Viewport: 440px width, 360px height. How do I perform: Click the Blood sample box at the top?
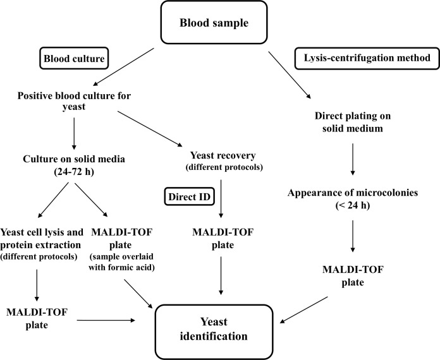[x=214, y=22]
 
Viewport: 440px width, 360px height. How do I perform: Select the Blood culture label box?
[x=74, y=58]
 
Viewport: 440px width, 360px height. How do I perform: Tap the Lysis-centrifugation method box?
[x=367, y=58]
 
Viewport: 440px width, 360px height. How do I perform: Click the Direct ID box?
[x=190, y=196]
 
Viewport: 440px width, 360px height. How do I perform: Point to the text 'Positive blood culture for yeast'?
[x=74, y=101]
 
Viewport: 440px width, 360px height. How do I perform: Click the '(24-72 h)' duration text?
[x=74, y=172]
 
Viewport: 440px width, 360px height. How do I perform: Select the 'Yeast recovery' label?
[x=223, y=155]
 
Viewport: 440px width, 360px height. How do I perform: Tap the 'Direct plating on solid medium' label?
[x=353, y=122]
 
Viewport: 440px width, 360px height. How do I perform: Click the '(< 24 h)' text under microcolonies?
[x=353, y=205]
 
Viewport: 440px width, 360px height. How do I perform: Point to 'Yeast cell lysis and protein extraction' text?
[x=42, y=238]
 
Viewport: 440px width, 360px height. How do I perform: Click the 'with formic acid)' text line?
[x=122, y=268]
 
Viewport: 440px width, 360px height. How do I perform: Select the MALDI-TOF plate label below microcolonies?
[x=353, y=275]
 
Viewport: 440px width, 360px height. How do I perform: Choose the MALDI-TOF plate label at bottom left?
[x=37, y=318]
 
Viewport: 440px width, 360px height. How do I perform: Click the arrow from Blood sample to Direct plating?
[x=290, y=75]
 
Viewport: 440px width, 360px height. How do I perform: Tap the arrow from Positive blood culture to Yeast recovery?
[x=150, y=129]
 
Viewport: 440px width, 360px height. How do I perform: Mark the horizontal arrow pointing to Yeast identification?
[x=106, y=320]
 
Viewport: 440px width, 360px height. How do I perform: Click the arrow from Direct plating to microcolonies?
[x=353, y=160]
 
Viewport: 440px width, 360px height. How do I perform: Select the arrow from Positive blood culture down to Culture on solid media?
[x=74, y=134]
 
